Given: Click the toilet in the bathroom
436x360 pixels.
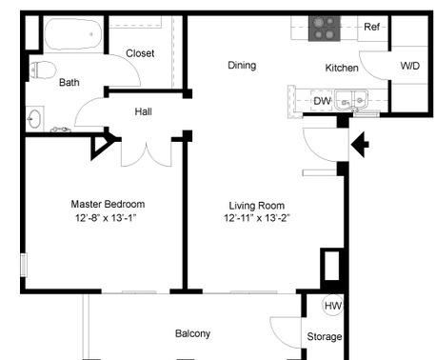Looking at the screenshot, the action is click(44, 70).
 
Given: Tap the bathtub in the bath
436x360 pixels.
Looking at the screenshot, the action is click(73, 34).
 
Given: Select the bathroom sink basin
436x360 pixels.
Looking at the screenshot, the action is click(33, 119).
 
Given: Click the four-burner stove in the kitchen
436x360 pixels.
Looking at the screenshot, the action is click(325, 29).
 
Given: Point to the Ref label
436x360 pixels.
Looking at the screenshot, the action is click(371, 27).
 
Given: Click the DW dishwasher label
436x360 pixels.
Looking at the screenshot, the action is click(322, 101).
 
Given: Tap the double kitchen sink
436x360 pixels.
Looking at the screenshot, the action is click(351, 101).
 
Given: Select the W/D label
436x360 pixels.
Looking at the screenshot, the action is click(409, 66).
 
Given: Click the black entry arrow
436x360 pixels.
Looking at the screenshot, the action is click(360, 145).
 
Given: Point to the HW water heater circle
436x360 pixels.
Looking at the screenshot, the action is click(333, 306).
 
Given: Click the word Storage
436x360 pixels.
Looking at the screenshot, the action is click(325, 336).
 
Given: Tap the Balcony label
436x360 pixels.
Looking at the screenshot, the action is click(192, 333).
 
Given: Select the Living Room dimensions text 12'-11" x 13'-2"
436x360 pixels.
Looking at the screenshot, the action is click(257, 218).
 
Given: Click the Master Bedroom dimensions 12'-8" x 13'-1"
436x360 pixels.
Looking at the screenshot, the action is click(106, 218).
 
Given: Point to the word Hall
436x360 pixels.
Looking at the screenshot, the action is click(143, 111).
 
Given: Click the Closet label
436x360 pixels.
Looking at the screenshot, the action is click(140, 53).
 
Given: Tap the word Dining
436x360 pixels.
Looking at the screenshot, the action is click(242, 66).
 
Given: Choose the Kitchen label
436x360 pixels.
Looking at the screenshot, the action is click(342, 68).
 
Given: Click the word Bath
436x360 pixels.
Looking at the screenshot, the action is click(69, 83).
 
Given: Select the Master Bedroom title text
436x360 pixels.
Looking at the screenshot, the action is click(108, 204).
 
